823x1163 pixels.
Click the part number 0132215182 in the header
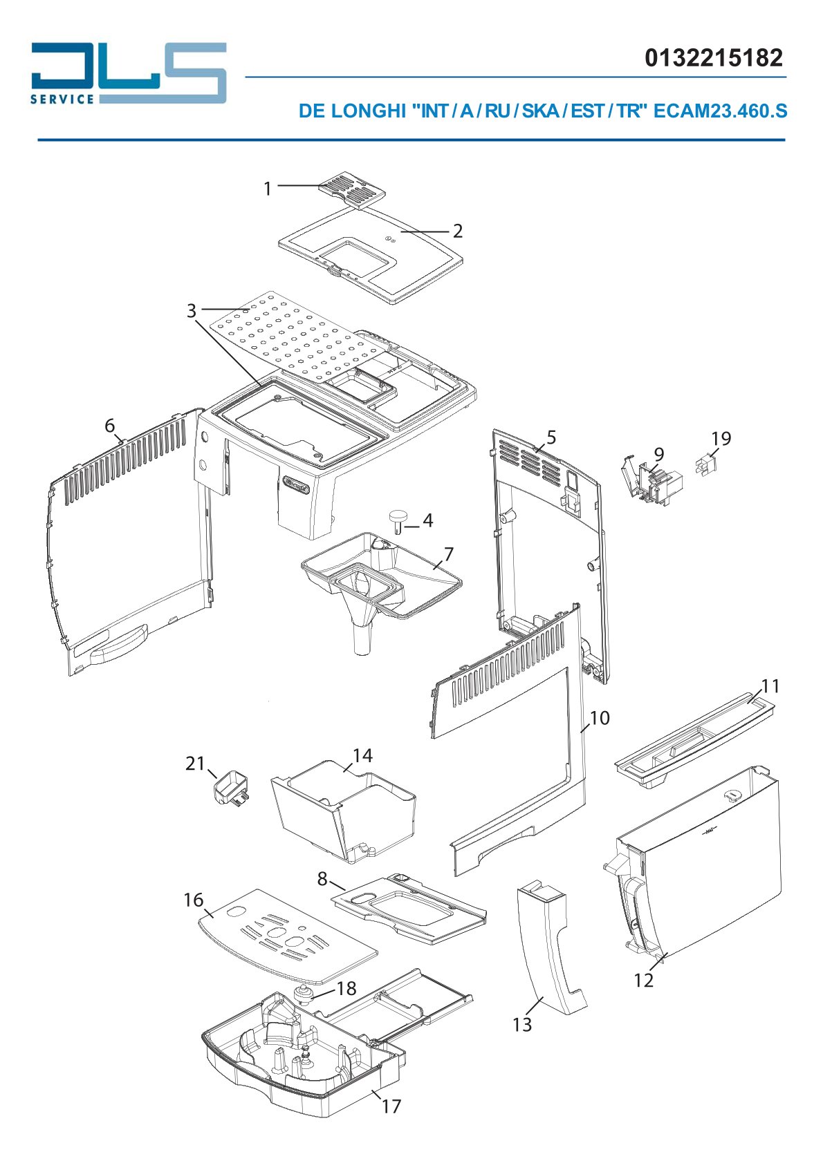coord(713,57)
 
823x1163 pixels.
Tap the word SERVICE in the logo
coord(62,99)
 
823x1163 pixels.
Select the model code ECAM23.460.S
coord(719,111)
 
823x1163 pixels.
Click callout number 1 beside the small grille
coord(268,189)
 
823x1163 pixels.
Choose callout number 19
coord(721,439)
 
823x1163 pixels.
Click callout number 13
coord(522,1035)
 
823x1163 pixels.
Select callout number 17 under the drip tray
coord(391,1106)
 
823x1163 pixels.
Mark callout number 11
coord(770,686)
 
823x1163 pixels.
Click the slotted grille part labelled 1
coord(352,193)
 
